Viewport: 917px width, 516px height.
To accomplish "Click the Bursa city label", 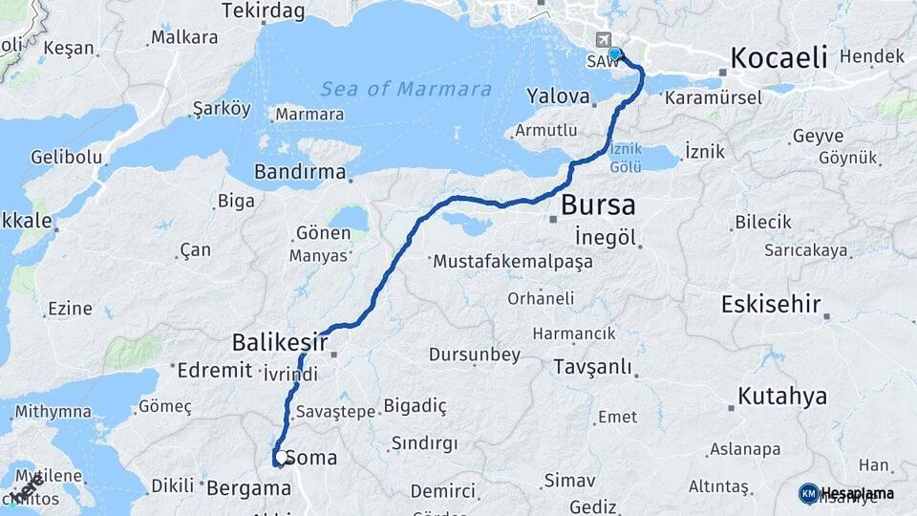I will coord(598,205).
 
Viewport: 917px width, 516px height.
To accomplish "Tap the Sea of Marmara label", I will coord(406,90).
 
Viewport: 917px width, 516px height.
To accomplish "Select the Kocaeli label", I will coord(778,57).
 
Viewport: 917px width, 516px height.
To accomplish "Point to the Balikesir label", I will coord(280,342).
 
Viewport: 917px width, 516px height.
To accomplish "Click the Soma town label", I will coord(311,458).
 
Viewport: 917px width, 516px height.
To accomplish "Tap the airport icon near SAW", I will coord(604,40).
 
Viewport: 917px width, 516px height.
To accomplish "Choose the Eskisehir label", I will coord(771,306).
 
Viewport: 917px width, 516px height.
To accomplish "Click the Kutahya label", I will coord(782,397).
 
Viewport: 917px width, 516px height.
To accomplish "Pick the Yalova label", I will coord(558,97).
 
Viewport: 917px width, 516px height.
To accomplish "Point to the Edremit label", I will coord(213,371).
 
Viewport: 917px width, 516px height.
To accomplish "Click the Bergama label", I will coord(247,487).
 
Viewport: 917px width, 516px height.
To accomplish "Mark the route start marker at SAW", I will coord(614,54).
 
